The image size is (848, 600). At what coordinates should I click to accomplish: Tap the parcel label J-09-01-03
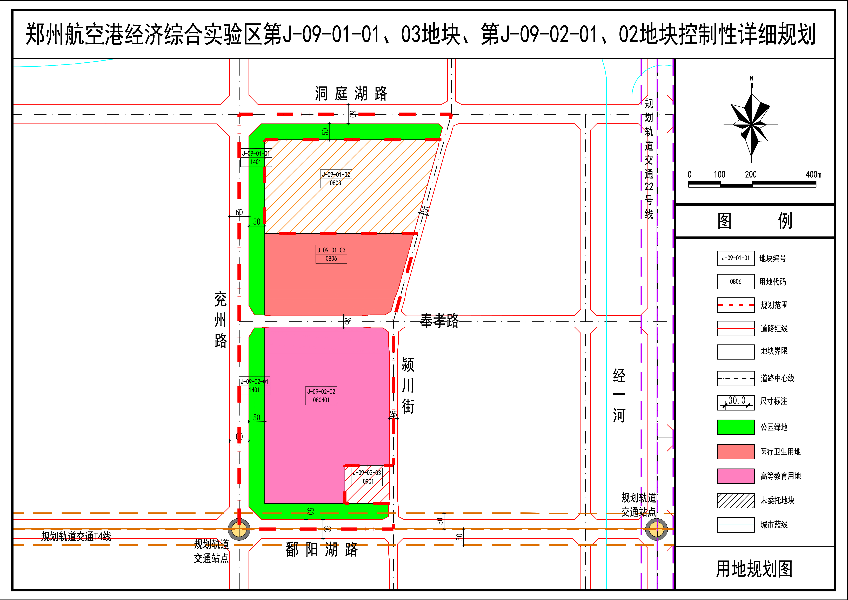pyautogui.click(x=331, y=250)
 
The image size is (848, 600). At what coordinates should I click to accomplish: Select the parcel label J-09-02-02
pyautogui.click(x=321, y=392)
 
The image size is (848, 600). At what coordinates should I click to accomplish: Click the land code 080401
pyautogui.click(x=321, y=400)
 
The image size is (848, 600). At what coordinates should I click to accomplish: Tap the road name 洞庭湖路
pyautogui.click(x=351, y=94)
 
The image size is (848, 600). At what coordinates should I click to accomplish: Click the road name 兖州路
pyautogui.click(x=221, y=320)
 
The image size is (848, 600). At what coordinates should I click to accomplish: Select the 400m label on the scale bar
pyautogui.click(x=813, y=174)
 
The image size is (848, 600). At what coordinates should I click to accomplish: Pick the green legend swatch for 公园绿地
pyautogui.click(x=735, y=427)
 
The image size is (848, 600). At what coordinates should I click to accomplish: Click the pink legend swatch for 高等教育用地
pyautogui.click(x=735, y=476)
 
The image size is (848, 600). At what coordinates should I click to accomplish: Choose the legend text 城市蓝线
pyautogui.click(x=774, y=525)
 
